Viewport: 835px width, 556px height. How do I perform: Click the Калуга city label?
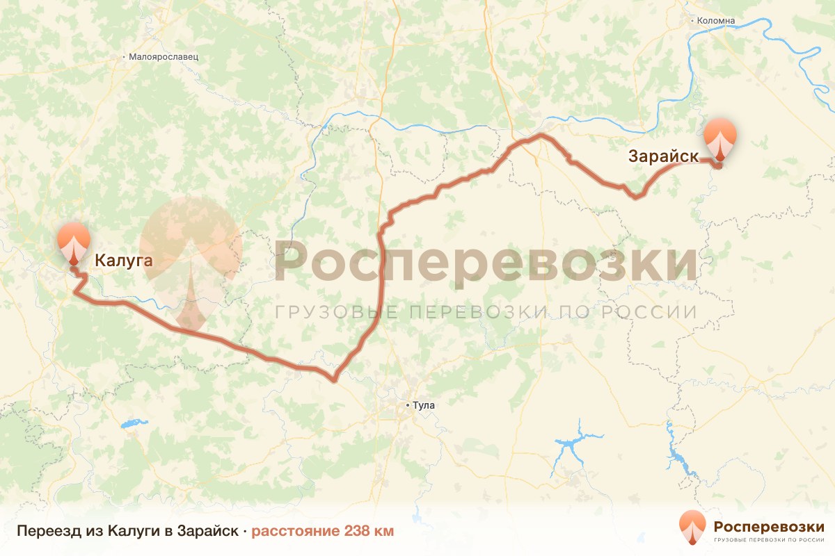coord(122,261)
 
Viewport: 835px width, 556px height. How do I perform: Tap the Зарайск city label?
coord(663,156)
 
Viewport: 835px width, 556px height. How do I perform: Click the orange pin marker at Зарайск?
coord(719,137)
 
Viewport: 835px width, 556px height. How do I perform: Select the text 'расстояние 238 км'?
coord(322,531)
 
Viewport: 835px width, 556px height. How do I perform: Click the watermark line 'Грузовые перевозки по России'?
coord(486,312)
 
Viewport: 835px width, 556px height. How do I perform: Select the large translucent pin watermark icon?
coord(190,261)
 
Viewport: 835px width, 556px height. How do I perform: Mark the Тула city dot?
coord(408,404)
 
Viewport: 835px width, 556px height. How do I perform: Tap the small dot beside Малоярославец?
coord(124,57)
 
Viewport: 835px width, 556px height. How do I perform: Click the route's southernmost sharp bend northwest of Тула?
coord(334,379)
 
